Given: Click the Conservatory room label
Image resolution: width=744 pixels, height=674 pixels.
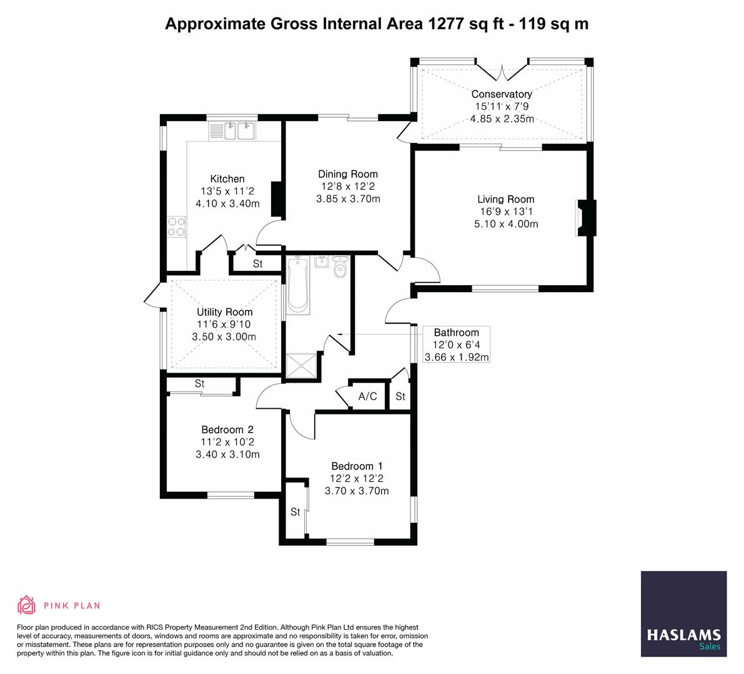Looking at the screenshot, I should click(502, 94).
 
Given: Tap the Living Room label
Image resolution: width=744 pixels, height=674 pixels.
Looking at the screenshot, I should click(506, 200).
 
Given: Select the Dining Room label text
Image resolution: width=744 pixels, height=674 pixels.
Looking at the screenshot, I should click(348, 174).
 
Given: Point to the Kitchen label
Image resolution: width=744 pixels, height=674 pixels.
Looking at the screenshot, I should click(227, 179).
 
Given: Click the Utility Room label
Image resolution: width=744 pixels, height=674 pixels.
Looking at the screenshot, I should click(225, 312).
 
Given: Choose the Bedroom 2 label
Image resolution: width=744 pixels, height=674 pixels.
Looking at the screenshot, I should click(227, 430).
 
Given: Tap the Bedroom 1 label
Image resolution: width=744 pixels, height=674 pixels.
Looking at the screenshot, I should click(357, 466).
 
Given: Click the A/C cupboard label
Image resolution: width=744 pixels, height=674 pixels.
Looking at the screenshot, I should click(367, 396).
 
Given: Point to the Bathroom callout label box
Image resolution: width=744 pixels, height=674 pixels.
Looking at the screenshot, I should click(456, 344).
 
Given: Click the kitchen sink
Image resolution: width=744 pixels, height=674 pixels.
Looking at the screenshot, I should click(238, 131).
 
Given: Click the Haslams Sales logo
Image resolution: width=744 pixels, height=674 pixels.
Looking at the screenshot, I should click(683, 614).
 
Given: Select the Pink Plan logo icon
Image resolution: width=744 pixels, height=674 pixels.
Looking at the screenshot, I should click(27, 605).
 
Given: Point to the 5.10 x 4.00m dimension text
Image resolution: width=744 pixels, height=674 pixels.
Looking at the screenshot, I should click(506, 223).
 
